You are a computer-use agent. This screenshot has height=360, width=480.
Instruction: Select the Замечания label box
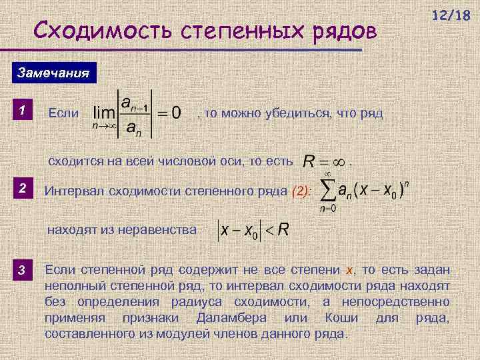[52, 73]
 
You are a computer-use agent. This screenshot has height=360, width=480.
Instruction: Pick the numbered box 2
[22, 190]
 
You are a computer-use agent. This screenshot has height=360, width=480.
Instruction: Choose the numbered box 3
[22, 270]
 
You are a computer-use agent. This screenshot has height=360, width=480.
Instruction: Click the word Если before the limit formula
[63, 114]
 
